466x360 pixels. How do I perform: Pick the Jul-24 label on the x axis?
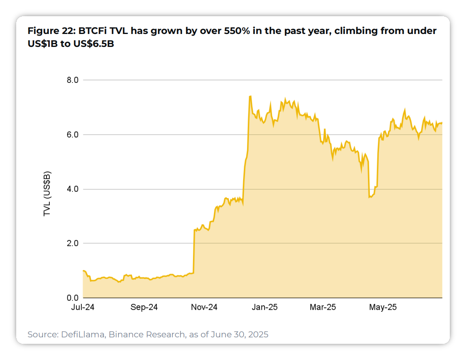(83, 307)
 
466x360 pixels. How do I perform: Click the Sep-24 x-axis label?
(144, 307)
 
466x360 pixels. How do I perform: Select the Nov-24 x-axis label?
(204, 307)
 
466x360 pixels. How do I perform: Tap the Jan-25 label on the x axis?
(264, 307)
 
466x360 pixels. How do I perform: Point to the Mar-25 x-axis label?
(323, 307)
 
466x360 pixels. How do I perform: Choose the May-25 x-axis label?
(383, 307)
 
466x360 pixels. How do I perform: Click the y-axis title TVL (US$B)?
(47, 193)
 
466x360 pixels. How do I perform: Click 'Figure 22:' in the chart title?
(48, 31)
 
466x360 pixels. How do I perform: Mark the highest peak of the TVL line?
(250, 96)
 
